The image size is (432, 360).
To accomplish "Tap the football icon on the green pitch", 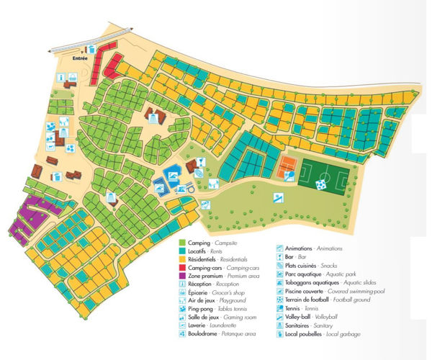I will point(320,184).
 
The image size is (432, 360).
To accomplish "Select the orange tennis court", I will point(289,167).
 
